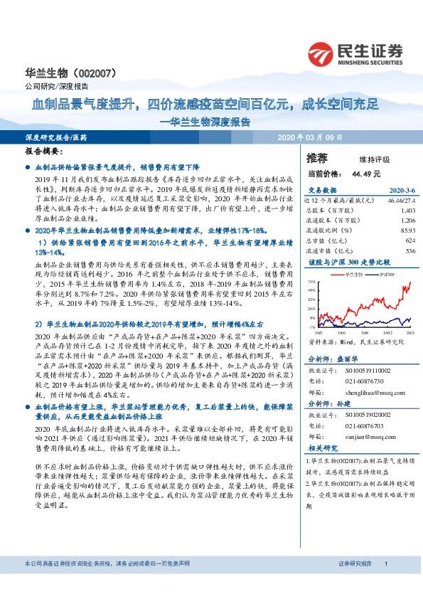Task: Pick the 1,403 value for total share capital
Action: pyautogui.click(x=407, y=211)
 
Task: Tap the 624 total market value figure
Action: pyautogui.click(x=409, y=240)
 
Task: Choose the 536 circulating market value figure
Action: pyautogui.click(x=409, y=250)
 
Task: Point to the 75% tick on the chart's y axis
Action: pyautogui.click(x=311, y=282)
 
